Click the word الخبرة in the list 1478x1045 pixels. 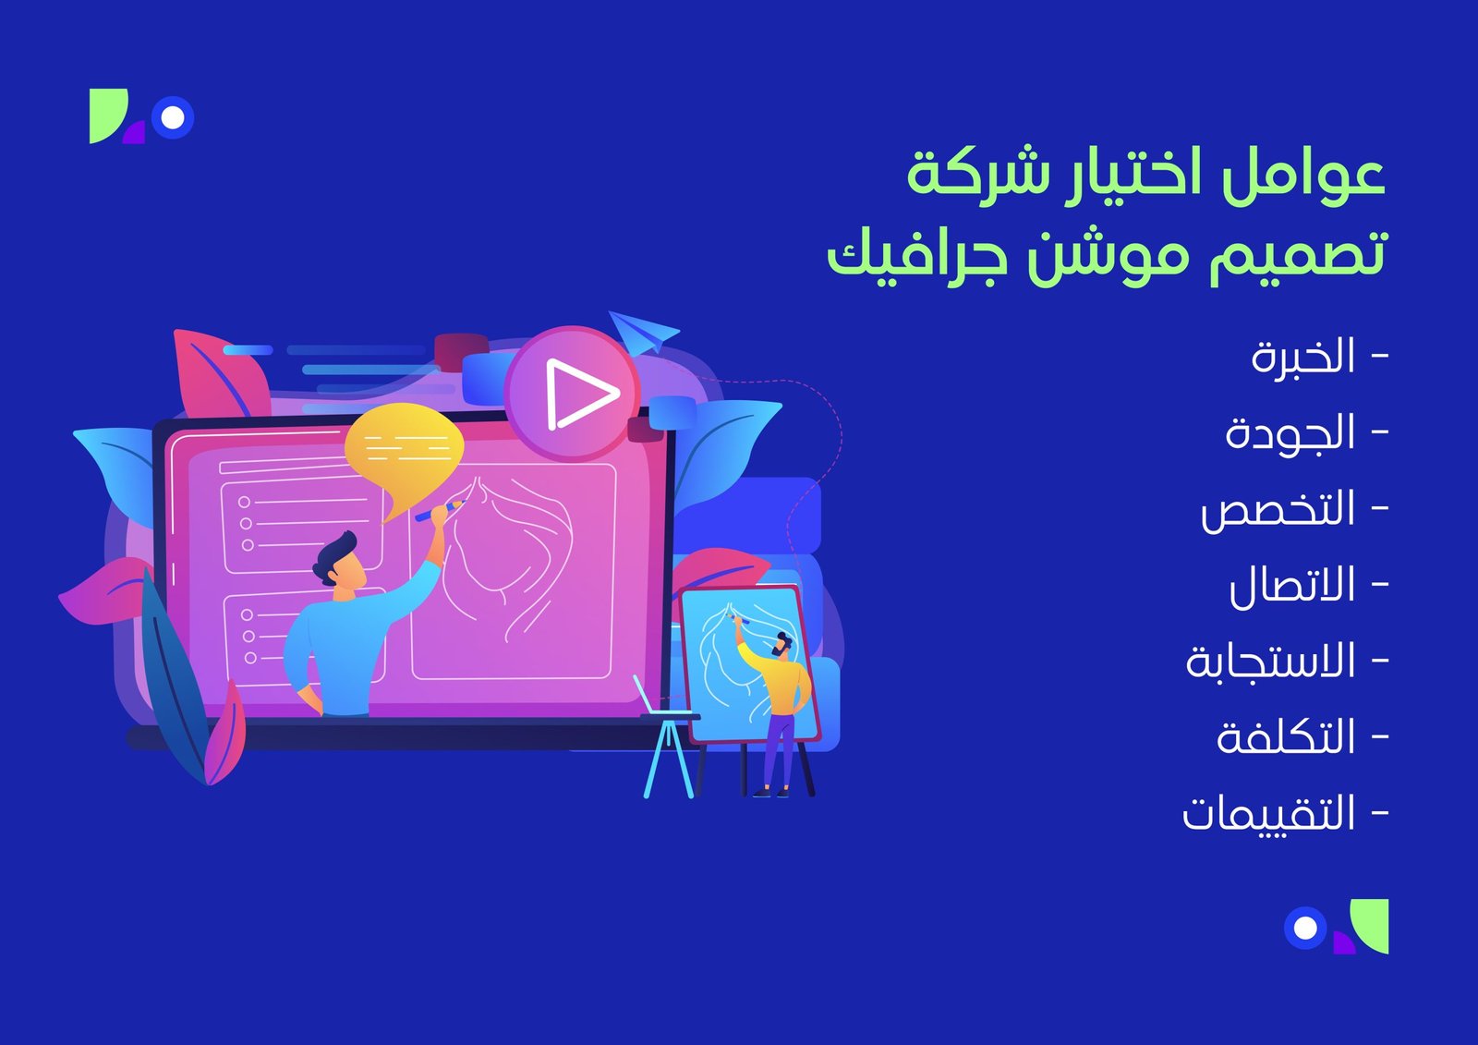tap(1302, 358)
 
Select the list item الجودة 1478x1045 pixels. tap(1290, 434)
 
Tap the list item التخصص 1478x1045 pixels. tap(1278, 511)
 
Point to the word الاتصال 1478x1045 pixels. tap(1291, 587)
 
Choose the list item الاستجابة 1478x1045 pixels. tap(1270, 662)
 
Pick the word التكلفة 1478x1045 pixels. tap(1285, 738)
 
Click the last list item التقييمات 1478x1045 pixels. tap(1268, 814)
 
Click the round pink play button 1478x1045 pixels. tap(573, 394)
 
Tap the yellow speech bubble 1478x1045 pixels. tap(404, 450)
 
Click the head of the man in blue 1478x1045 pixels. tap(338, 560)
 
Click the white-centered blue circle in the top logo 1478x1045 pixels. tap(172, 118)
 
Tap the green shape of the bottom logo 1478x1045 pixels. tap(1371, 924)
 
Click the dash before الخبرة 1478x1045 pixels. tap(1380, 358)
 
